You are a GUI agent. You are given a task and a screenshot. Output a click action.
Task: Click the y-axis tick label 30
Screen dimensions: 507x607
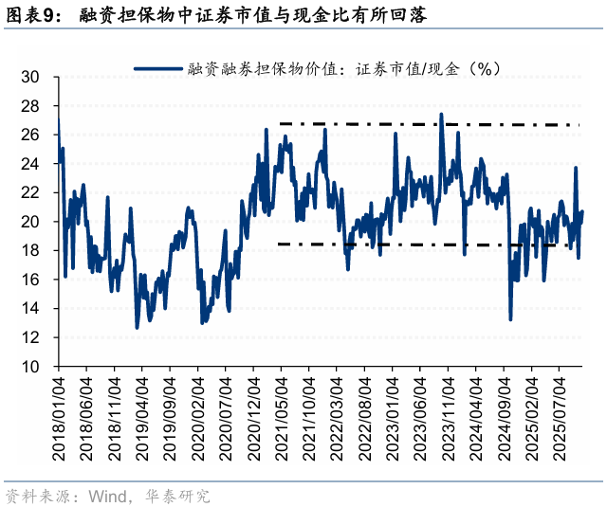(31, 78)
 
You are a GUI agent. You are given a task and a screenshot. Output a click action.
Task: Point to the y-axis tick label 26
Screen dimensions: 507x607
(31, 136)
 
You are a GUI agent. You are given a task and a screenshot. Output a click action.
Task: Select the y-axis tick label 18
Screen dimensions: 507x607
(31, 251)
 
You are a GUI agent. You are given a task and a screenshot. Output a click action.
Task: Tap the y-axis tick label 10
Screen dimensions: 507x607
(31, 367)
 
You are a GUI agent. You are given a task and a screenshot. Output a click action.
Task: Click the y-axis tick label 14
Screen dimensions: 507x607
(31, 309)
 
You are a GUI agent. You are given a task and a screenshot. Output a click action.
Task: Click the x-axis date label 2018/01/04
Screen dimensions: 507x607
(59, 417)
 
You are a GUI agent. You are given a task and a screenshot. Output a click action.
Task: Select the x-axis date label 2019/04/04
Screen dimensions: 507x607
(142, 417)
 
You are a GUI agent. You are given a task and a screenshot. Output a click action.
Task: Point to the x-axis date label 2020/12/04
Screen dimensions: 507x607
(254, 417)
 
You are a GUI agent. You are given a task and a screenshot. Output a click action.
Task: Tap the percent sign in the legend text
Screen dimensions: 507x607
(483, 68)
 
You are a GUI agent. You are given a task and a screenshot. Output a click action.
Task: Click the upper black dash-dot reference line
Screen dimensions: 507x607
(427, 124)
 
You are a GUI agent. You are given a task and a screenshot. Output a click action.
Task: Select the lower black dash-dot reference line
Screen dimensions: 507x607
(427, 244)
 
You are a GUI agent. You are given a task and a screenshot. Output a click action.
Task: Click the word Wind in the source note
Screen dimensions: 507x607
(106, 496)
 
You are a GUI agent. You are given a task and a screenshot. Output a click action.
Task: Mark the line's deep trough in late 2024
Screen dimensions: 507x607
(510, 318)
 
